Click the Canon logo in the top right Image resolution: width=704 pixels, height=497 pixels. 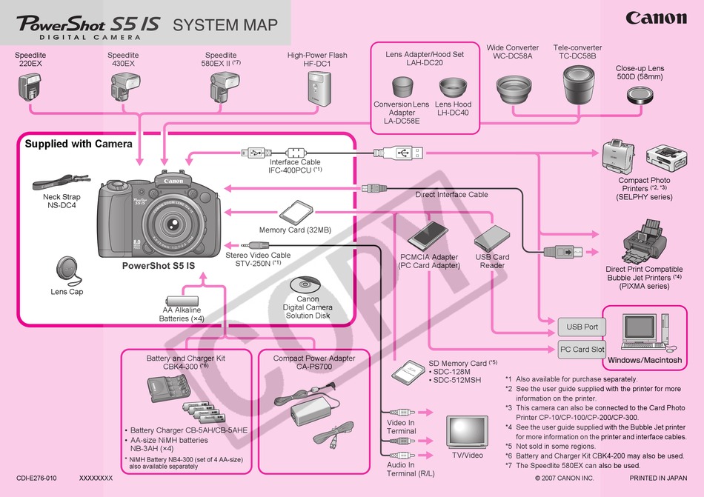[656, 17]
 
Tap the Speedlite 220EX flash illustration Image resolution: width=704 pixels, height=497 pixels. [30, 86]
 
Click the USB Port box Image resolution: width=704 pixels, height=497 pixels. [582, 327]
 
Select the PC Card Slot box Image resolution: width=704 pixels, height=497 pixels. [582, 350]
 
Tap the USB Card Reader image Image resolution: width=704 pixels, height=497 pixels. [491, 239]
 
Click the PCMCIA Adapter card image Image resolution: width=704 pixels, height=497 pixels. [429, 236]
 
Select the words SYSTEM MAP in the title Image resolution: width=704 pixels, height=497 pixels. [225, 25]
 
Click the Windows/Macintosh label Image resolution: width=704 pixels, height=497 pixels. [644, 360]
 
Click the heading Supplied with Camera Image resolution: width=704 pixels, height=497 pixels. [79, 144]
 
